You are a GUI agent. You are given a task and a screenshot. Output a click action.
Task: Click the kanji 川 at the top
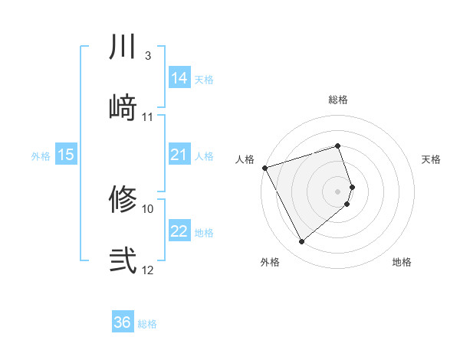[x=123, y=47]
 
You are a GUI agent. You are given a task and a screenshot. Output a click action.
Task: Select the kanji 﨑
[x=123, y=106]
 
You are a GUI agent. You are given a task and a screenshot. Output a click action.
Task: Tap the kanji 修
[x=123, y=200]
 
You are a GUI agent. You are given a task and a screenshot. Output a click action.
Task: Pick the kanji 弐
[x=123, y=260]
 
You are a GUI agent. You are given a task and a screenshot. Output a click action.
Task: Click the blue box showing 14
[x=179, y=78]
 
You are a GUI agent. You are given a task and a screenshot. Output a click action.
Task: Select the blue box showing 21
[x=179, y=155]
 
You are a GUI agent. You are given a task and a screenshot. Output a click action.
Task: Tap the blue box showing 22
[x=179, y=232]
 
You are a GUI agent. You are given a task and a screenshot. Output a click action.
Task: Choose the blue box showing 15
[x=66, y=155]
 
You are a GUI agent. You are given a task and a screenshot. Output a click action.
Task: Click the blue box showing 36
[x=123, y=322]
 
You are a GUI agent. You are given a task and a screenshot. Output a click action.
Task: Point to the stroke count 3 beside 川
[x=148, y=56]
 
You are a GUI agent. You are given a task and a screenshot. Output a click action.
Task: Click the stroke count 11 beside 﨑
[x=148, y=117]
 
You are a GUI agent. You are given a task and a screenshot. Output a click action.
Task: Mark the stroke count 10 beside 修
[x=148, y=208]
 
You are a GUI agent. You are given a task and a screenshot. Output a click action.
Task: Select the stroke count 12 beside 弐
[x=148, y=270]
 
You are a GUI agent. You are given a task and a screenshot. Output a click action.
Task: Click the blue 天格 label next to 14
[x=204, y=79]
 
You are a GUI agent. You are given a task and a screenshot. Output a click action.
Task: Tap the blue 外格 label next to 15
[x=41, y=156]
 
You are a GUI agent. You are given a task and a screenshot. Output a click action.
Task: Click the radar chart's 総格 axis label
[x=338, y=100]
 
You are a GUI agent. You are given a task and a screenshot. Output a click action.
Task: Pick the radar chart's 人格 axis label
[x=245, y=159]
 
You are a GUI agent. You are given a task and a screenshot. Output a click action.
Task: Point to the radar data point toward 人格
[x=264, y=167]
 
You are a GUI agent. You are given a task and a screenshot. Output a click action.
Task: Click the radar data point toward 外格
[x=302, y=242]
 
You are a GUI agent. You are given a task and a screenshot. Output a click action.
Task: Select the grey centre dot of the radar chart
[x=338, y=191]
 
